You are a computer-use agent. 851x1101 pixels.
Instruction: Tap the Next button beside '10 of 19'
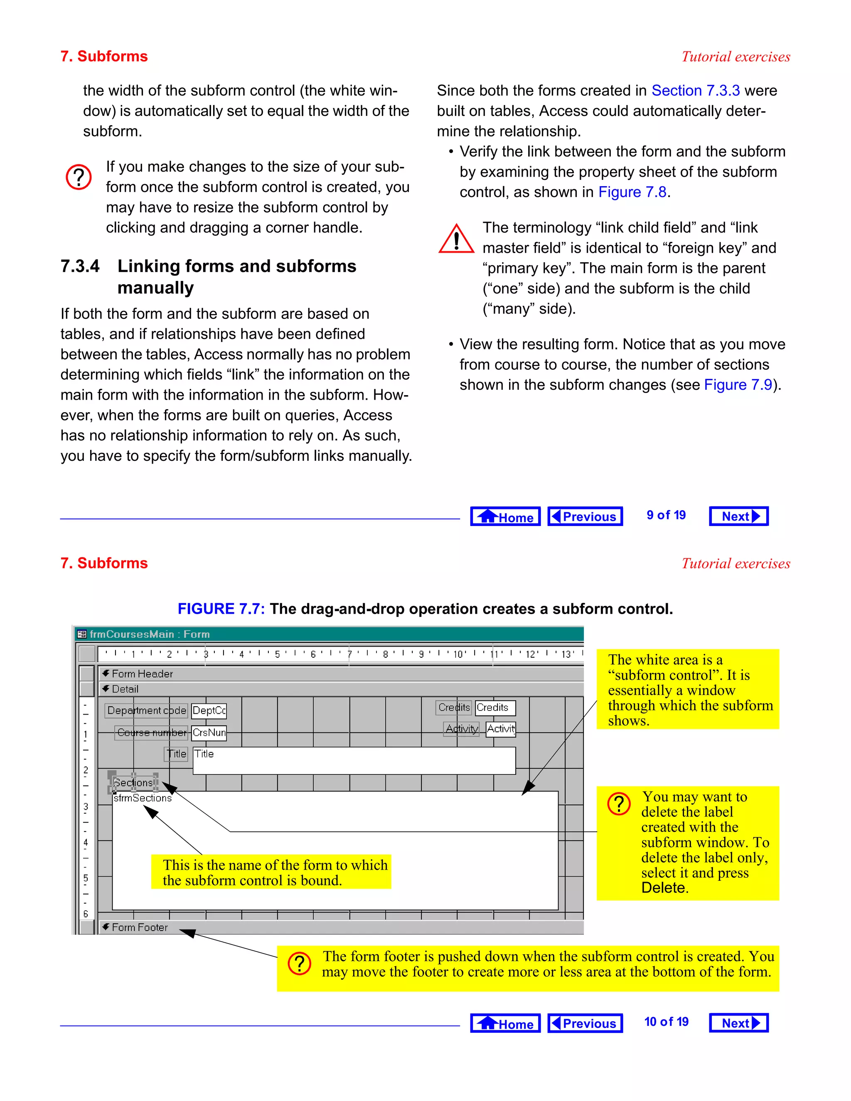(738, 1023)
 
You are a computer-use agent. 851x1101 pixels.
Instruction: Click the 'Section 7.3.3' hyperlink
(695, 90)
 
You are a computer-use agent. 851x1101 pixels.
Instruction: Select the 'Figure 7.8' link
(632, 192)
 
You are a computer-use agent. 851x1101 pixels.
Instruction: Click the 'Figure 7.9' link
(738, 385)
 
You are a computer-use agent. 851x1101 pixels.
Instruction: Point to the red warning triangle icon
(456, 239)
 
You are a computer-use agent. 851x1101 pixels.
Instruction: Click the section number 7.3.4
(80, 266)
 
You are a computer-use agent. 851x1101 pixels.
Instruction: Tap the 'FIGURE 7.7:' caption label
(221, 609)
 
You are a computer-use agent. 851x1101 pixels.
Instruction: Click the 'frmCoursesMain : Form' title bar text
(149, 634)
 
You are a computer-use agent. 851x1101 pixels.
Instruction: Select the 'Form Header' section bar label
(142, 673)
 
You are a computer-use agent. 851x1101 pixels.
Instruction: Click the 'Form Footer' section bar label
(139, 927)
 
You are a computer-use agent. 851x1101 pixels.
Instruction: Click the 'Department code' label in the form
(146, 710)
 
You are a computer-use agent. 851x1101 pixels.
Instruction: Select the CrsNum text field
(209, 732)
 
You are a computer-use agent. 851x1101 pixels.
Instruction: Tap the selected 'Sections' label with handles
(133, 782)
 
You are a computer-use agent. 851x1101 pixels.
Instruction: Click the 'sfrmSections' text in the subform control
(142, 798)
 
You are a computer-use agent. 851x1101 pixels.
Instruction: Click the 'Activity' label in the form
(461, 728)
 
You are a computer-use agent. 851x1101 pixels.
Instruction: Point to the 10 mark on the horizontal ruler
(458, 654)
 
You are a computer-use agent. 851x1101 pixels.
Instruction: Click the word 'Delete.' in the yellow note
(664, 888)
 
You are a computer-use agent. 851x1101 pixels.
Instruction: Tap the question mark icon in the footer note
(300, 963)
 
